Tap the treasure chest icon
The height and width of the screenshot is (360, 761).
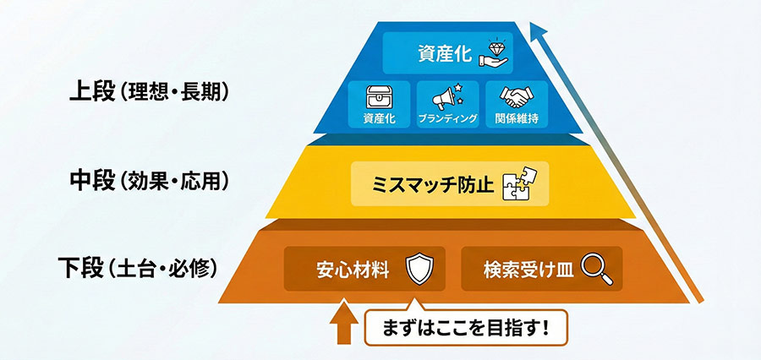pos(379,96)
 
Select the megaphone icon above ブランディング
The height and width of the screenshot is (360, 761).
pos(447,95)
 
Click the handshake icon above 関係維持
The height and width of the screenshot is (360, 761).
pos(515,95)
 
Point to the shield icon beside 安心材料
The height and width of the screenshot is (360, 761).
pos(419,270)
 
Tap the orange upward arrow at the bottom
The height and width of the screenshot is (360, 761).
pos(342,325)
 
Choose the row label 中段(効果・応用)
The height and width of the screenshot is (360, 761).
pos(149,181)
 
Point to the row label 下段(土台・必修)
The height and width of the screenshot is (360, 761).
pos(139,270)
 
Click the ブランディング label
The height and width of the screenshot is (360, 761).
pos(447,120)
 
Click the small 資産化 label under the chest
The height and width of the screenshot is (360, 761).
pos(379,120)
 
